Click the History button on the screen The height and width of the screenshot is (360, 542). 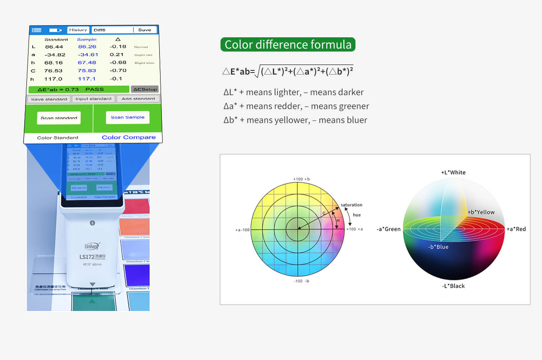tap(78, 30)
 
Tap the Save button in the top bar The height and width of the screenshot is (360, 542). tap(145, 30)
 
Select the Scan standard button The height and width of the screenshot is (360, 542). tap(59, 118)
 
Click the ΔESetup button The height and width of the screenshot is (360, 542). tap(145, 89)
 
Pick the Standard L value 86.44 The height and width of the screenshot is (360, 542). tap(54, 47)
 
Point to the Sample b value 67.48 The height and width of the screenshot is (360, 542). tap(87, 62)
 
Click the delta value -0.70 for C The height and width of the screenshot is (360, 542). tap(118, 70)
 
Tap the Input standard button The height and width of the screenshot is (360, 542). tap(93, 99)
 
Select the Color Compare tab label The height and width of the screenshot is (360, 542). tap(128, 137)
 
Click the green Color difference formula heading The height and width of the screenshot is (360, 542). tap(288, 44)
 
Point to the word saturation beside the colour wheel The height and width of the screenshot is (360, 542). tap(351, 205)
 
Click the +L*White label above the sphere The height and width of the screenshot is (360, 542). tap(453, 172)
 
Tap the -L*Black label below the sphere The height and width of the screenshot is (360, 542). tap(453, 286)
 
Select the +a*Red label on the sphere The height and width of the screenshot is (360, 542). tap(516, 229)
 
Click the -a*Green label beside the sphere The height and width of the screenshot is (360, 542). tap(389, 229)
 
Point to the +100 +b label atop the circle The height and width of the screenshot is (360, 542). tap(298, 179)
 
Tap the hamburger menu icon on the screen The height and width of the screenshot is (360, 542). tap(36, 30)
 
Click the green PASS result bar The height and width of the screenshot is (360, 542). tap(78, 89)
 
